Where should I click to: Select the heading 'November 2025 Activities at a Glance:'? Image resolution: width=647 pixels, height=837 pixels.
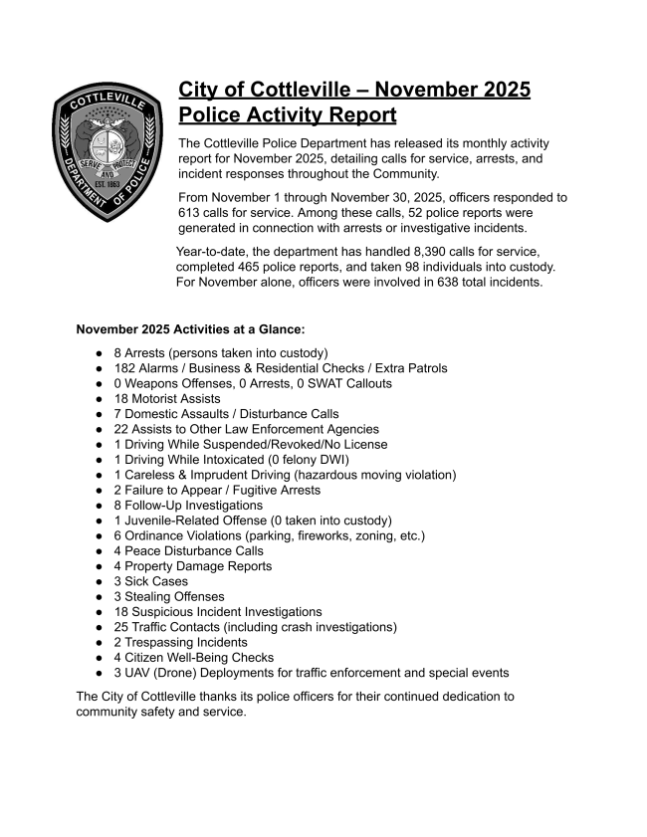pos(190,329)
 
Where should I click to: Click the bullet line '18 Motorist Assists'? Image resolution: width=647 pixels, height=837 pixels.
pos(167,398)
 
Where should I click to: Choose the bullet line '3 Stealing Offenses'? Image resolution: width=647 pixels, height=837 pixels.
pos(169,596)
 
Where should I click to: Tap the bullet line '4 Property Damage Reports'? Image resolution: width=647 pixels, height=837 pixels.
pos(192,566)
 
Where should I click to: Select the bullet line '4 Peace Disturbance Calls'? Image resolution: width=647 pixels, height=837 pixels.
pos(188,550)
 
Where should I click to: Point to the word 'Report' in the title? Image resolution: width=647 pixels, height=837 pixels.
pos(354,115)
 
